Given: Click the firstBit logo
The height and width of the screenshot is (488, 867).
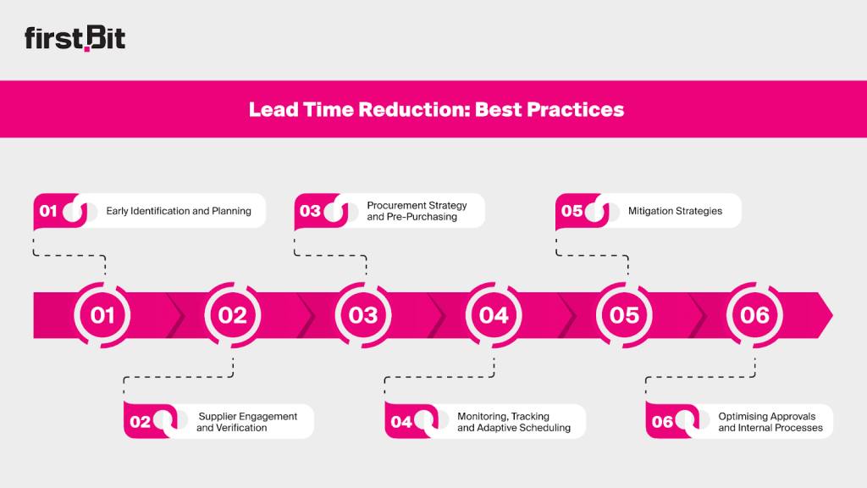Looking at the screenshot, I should (x=75, y=39).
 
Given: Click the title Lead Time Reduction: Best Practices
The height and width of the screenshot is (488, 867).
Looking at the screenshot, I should (x=436, y=109).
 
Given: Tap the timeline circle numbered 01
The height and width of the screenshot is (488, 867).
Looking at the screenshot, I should (x=102, y=315).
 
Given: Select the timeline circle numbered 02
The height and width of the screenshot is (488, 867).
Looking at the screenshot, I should (x=233, y=315).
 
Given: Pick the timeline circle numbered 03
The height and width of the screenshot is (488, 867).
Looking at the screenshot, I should (x=363, y=315).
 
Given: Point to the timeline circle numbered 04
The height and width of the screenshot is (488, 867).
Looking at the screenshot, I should (x=494, y=315).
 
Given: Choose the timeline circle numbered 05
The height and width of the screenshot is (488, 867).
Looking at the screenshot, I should (x=624, y=315).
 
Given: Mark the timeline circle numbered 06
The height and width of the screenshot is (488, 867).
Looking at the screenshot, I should (x=754, y=315).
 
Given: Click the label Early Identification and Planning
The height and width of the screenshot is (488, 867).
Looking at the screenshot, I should (x=179, y=211).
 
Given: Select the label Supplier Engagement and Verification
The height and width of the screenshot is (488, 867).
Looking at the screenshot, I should (x=247, y=422).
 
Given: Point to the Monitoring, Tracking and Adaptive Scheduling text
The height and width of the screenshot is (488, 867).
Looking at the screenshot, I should (x=514, y=422).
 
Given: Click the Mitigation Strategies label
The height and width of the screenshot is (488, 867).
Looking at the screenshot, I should (x=675, y=211).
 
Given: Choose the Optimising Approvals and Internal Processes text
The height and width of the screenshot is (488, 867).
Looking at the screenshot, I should (x=770, y=422).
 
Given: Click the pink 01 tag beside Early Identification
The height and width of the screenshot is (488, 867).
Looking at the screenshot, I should (x=49, y=211).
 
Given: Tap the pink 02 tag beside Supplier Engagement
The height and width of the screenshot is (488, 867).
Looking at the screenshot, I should (x=141, y=422).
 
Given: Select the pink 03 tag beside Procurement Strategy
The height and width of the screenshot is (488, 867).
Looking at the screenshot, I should (x=311, y=211).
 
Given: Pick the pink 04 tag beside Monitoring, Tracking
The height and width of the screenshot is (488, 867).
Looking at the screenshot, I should (x=401, y=422).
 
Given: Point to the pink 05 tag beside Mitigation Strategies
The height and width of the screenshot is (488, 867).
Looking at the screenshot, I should (x=572, y=211).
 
